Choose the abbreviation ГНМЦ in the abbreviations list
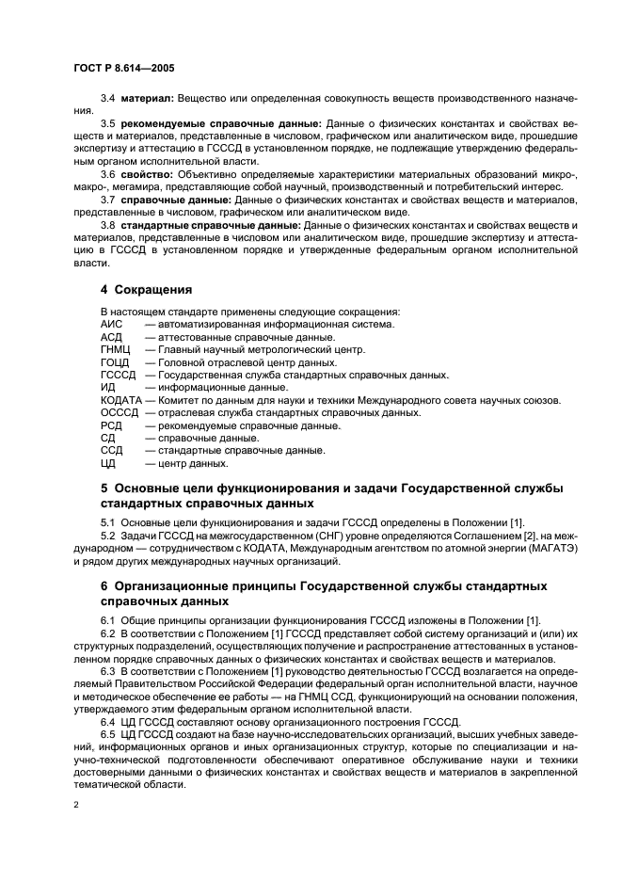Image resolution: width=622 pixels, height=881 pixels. (115, 349)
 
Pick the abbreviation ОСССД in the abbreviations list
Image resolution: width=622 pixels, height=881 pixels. (119, 412)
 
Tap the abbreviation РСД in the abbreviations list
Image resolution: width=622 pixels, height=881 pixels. (111, 425)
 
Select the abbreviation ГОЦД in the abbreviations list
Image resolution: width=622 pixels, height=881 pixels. (115, 362)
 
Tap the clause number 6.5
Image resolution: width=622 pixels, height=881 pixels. (108, 733)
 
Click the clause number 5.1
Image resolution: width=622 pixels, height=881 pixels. (108, 523)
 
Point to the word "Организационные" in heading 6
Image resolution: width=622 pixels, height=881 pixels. (183, 585)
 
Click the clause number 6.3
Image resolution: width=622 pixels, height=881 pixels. (108, 681)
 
